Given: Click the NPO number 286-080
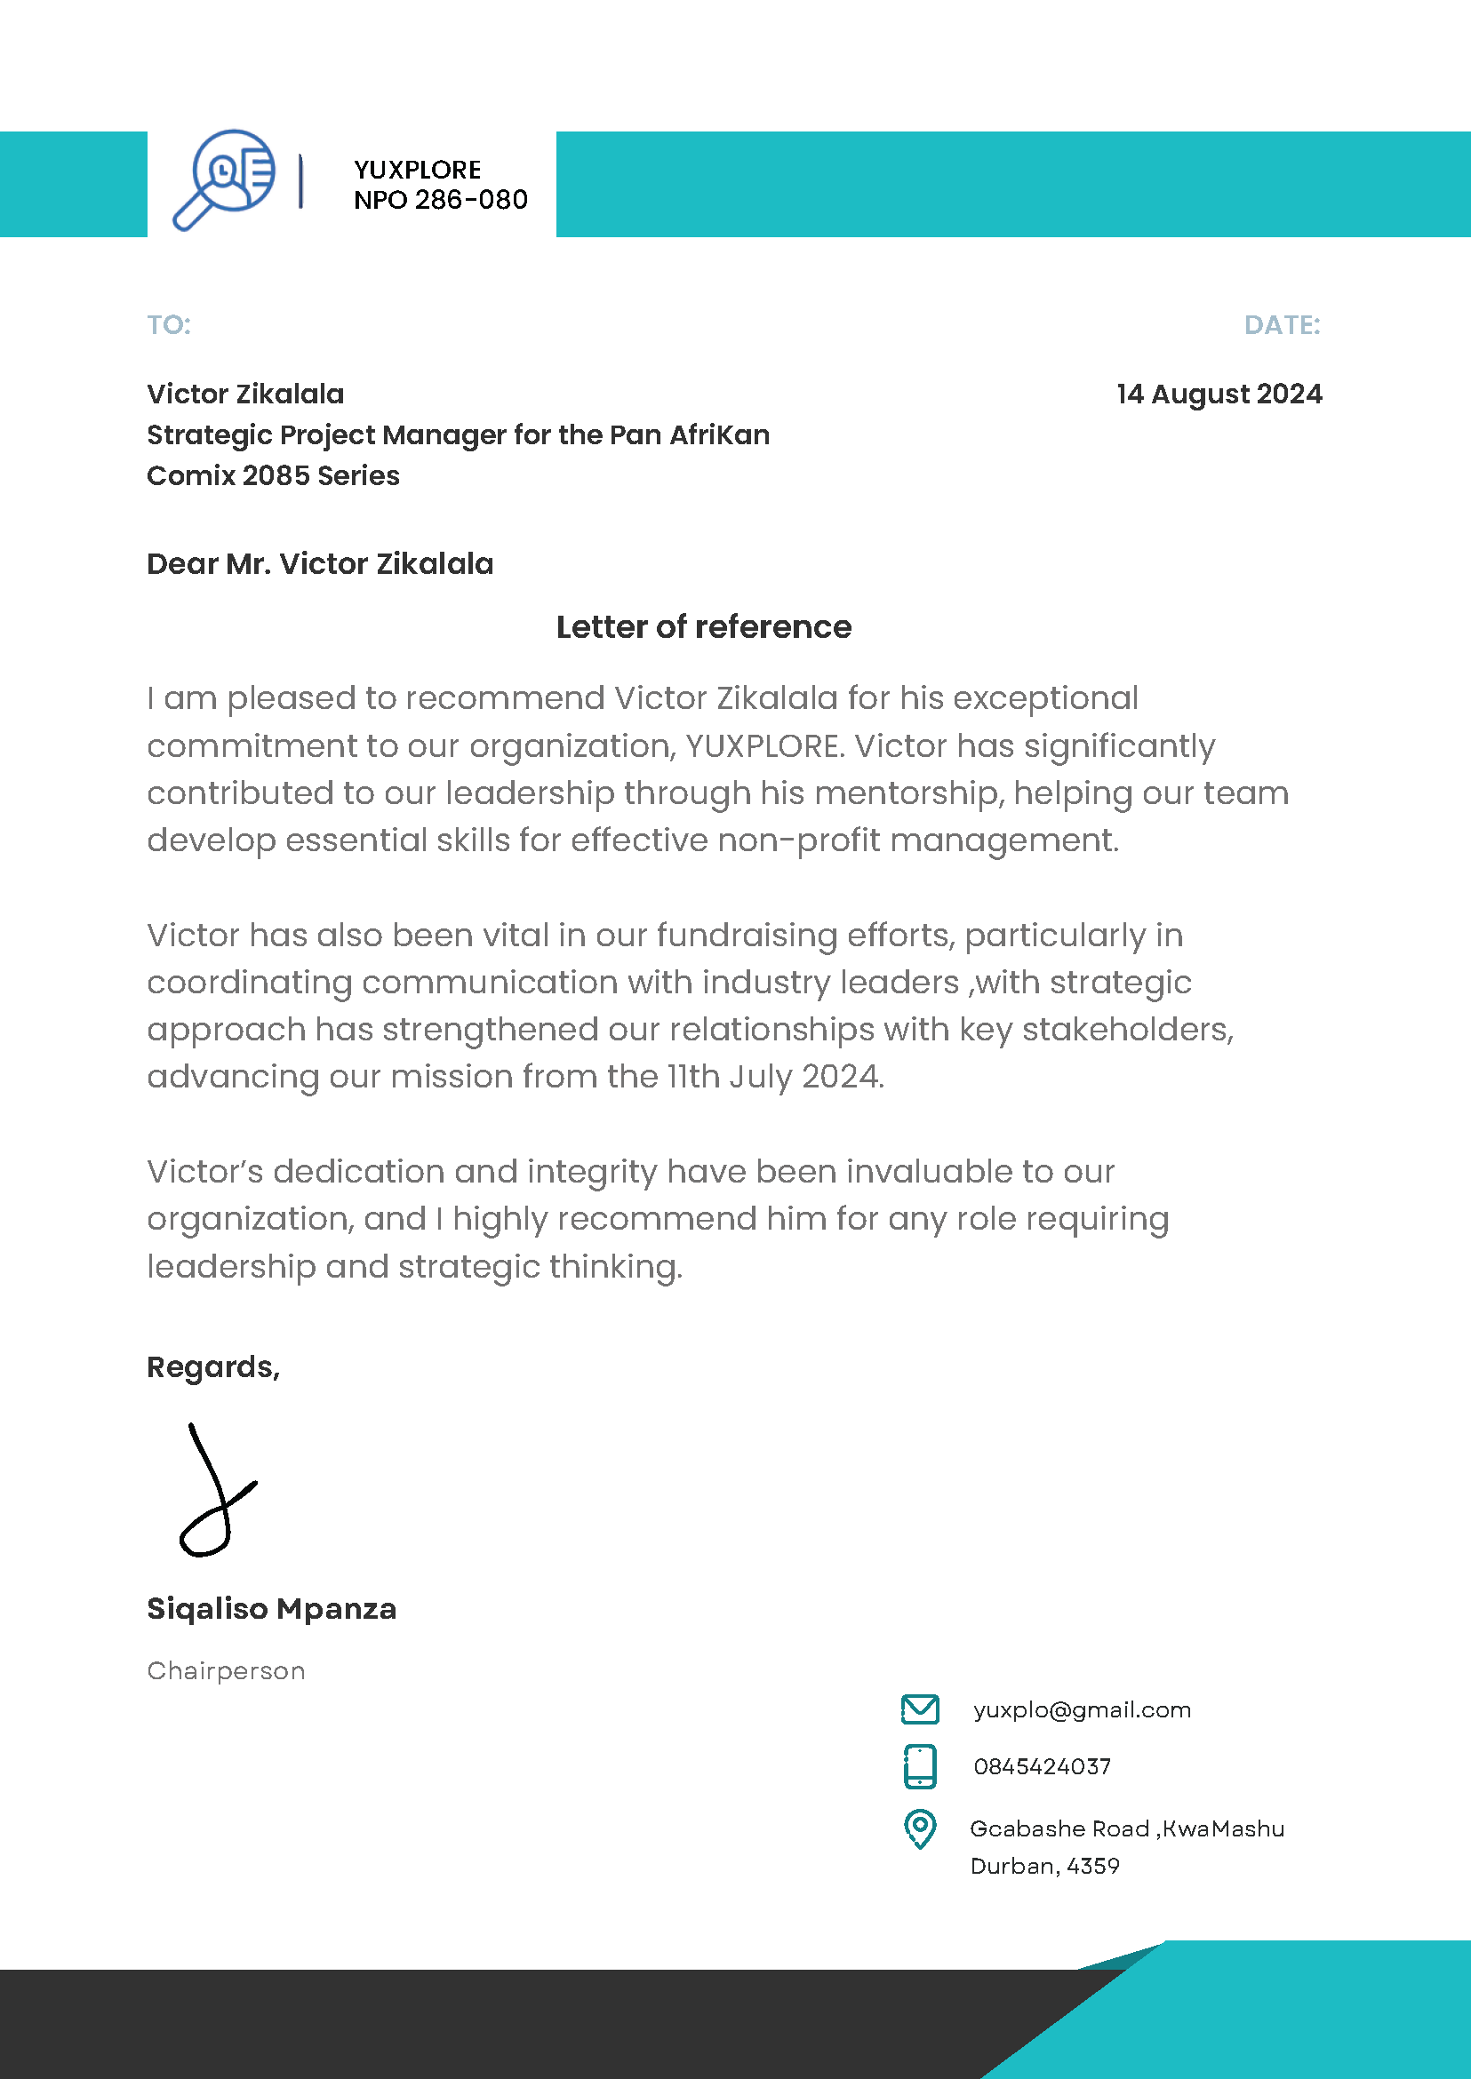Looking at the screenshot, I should tap(470, 200).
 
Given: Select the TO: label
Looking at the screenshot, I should tap(169, 325).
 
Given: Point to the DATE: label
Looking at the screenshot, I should tap(1281, 325).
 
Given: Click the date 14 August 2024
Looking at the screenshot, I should tap(1219, 394).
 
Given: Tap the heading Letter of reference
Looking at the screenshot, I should tap(703, 626).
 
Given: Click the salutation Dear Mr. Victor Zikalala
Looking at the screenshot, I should tap(320, 564).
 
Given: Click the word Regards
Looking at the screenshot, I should tap(212, 1367).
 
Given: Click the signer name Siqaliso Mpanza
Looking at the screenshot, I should tap(271, 1609).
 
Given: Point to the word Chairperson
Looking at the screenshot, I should tap(226, 1671).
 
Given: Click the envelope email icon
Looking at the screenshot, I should tap(919, 1709).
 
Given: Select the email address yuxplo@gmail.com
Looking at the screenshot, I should tap(1082, 1710).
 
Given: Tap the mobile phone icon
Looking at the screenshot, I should tap(919, 1766).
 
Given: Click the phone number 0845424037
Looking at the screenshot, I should tap(1042, 1767).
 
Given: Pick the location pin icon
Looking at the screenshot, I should tap(919, 1829).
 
